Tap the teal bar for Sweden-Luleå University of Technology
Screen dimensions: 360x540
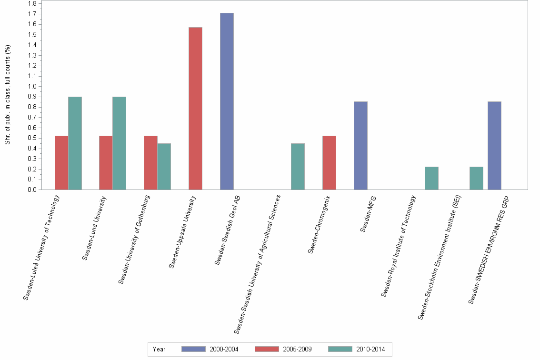coord(75,143)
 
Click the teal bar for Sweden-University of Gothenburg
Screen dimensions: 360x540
coord(164,167)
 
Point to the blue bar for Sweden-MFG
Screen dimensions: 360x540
coord(360,146)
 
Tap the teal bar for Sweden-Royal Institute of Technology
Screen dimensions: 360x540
coord(431,178)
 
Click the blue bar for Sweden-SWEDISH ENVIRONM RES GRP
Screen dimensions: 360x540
coord(494,146)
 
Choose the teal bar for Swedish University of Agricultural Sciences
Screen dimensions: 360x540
coord(298,167)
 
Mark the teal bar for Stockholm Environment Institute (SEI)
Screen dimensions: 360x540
coord(476,178)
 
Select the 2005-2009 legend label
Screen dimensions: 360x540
coord(298,350)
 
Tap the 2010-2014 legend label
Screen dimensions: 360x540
coord(371,350)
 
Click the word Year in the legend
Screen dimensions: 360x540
coord(159,350)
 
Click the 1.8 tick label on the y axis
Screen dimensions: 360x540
coord(33,4)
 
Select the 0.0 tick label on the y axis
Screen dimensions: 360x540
coord(33,190)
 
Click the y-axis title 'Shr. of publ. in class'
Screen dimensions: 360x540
coord(8,95)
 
